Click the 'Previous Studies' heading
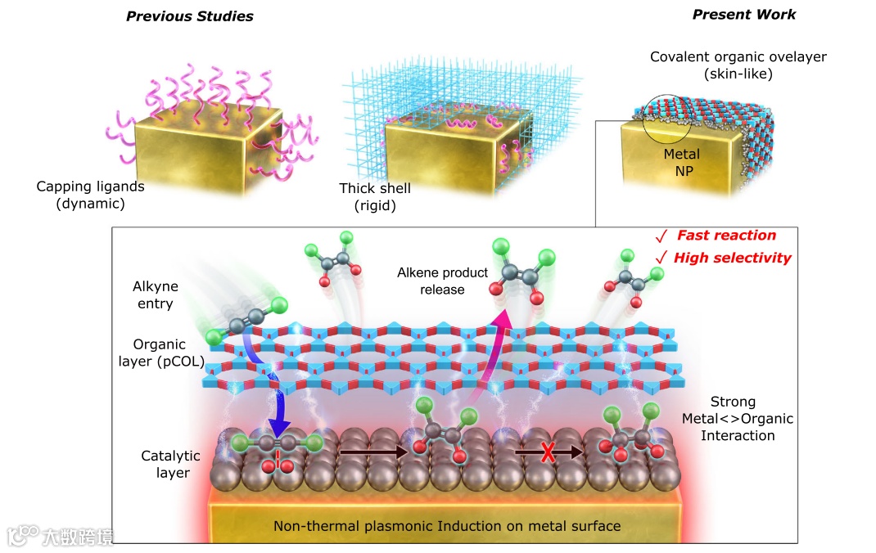coord(189,16)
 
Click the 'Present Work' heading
coord(743,15)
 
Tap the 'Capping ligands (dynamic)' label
coord(90,195)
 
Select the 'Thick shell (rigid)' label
coord(375,197)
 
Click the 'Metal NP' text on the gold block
coord(682,161)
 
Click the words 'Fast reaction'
coord(725,236)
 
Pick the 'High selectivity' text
coord(732,258)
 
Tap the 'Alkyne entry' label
coord(155,295)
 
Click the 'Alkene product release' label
coord(442,281)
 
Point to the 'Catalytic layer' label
coord(165,464)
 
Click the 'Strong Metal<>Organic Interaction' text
coord(737,419)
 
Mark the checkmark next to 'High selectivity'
coord(661,259)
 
